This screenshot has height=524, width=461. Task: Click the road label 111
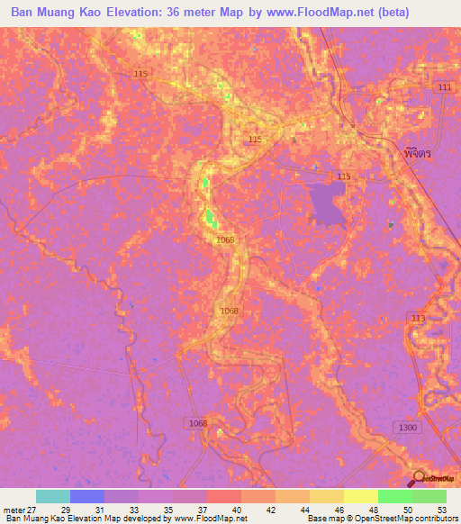pos(442,86)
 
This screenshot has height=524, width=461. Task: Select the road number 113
pos(418,319)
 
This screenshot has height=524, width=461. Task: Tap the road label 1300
pos(407,427)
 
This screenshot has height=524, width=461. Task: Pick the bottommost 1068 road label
pos(198,422)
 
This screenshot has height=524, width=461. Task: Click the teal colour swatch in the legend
pos(53,496)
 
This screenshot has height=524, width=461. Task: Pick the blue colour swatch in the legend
pos(87,496)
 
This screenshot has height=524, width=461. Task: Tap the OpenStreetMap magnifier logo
pos(419,478)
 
